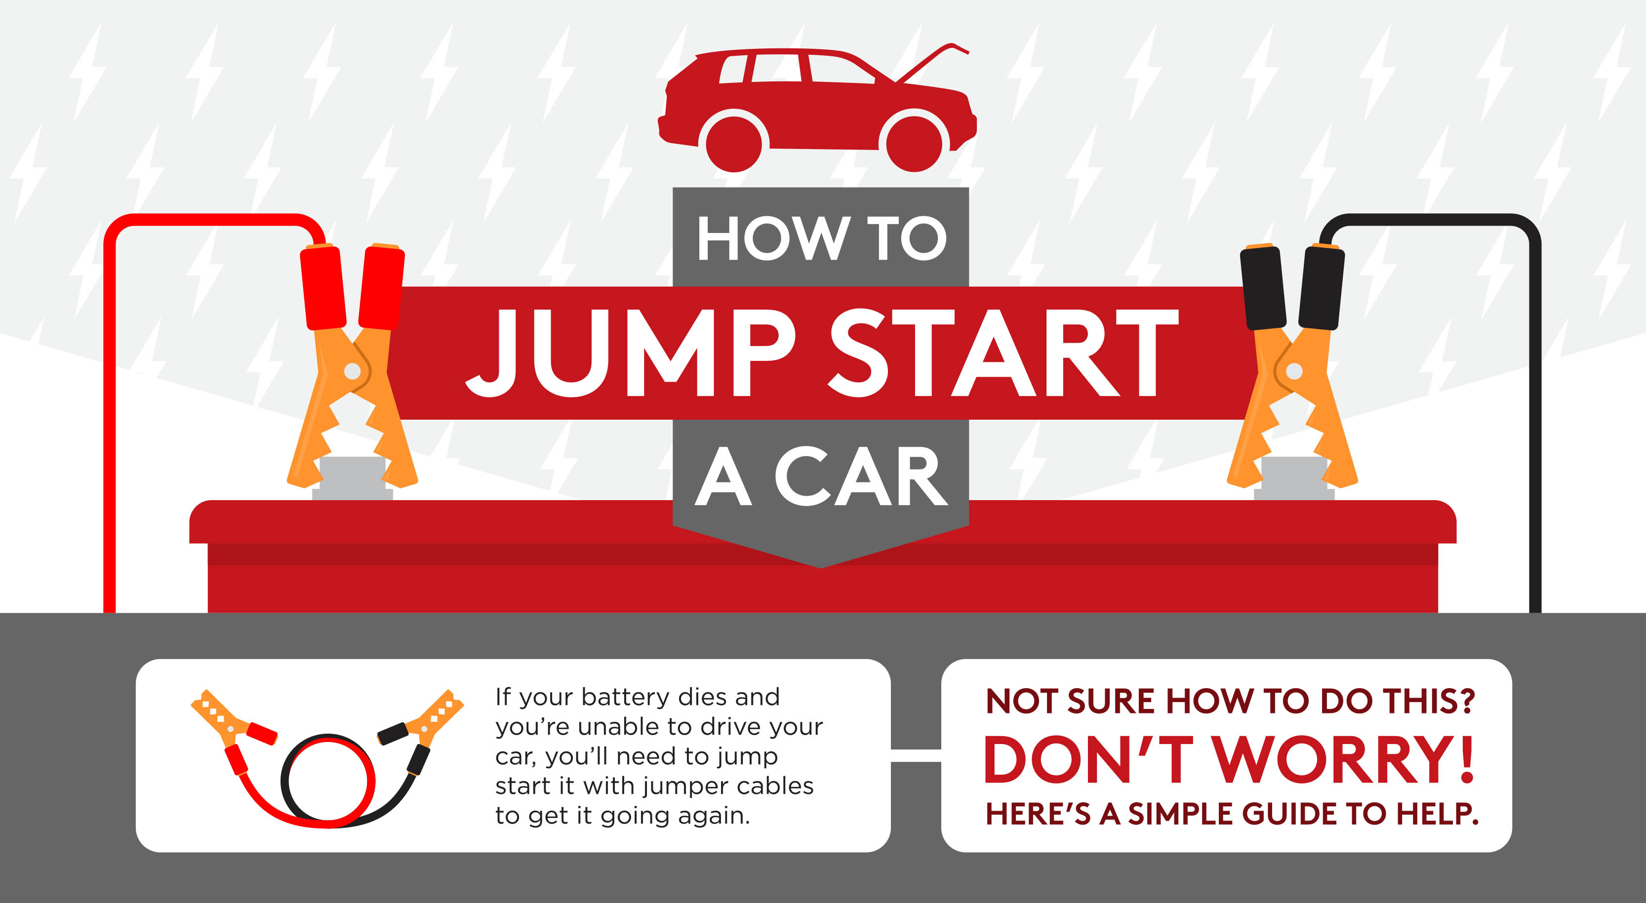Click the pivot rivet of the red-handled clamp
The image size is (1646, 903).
pyautogui.click(x=352, y=370)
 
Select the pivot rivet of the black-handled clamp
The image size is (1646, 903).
pyautogui.click(x=1294, y=370)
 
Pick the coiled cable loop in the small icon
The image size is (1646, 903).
pyautogui.click(x=327, y=781)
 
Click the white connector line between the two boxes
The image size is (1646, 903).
pyautogui.click(x=916, y=756)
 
